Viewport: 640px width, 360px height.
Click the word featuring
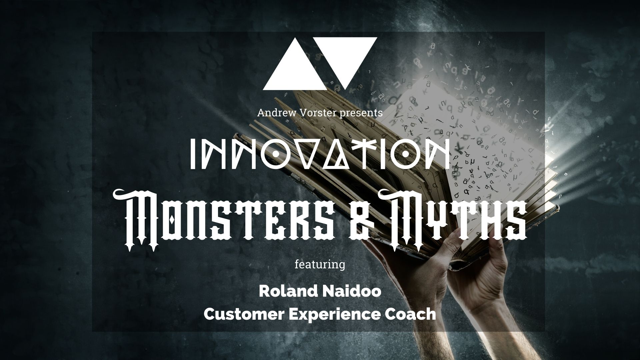pyautogui.click(x=320, y=265)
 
